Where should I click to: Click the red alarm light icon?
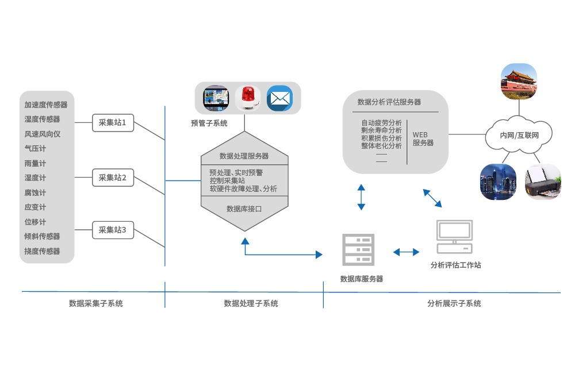pos(247,98)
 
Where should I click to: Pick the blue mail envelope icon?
pos(279,98)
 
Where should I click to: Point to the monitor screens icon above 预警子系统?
pos(216,98)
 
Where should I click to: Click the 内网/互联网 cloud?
pos(519,136)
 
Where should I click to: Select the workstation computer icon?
pos(454,237)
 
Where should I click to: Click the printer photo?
pos(543,182)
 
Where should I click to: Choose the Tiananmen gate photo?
pos(519,80)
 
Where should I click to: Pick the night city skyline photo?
pos(498,181)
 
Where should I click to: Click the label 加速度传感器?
pos(46,105)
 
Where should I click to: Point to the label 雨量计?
pos(35,163)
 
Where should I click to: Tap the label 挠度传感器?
pos(43,251)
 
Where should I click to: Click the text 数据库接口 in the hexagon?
pos(244,209)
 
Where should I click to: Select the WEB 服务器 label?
pos(423,138)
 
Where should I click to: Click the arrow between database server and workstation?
pos(406,252)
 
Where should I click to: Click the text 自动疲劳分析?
pos(381,123)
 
